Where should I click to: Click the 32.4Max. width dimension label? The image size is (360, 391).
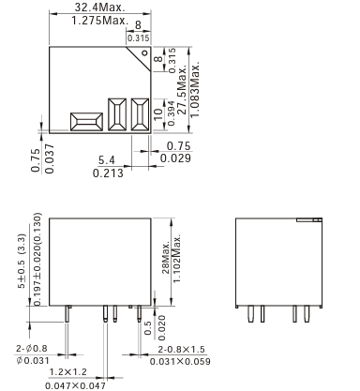pos(99,8)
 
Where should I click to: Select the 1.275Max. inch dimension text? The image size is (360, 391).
pos(100,21)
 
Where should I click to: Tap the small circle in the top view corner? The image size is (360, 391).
pos(144,53)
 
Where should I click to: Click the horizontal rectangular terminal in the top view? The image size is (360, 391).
pos(86,122)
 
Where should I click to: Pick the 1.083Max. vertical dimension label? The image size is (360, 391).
pos(195,89)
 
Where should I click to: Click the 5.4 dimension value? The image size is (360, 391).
pos(107,160)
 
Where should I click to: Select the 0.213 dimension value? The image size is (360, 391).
pos(108,173)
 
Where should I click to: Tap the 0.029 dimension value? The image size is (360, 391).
pos(175,158)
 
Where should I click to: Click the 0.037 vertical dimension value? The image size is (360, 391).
pos(50,158)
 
